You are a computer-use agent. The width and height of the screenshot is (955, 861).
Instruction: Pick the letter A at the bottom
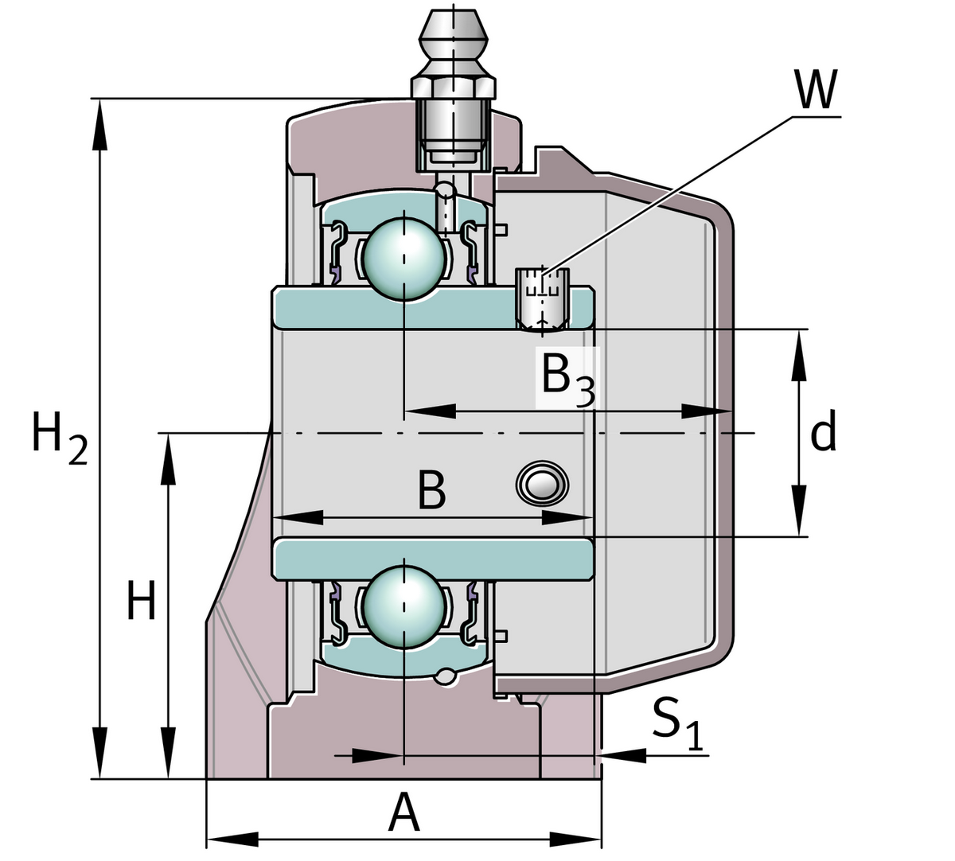pos(403,814)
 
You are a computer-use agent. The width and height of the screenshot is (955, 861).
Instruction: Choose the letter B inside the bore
pos(431,491)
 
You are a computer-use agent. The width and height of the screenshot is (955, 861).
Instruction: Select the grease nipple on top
pos(452,88)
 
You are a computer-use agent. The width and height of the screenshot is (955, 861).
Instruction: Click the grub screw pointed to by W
pos(544,299)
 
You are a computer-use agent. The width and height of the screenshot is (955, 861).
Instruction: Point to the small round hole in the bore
pos(543,483)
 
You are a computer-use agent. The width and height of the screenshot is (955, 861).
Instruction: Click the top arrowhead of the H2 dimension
pos(99,123)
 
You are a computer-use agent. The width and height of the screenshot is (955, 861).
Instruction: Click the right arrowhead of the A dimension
pos(576,838)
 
